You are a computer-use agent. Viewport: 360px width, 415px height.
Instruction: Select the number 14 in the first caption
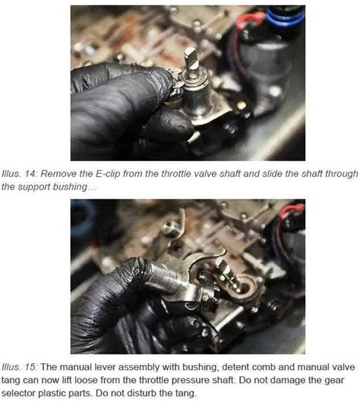(24, 174)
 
